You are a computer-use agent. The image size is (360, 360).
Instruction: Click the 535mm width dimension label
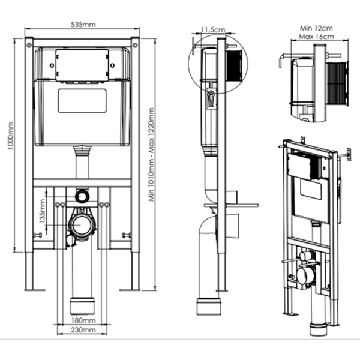(83, 25)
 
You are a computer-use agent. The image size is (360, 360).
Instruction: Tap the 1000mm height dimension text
(11, 136)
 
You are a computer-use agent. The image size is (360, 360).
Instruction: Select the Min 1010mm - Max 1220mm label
(151, 155)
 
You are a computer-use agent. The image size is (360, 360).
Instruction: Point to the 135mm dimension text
(43, 211)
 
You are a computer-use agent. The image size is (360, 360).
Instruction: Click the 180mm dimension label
(83, 320)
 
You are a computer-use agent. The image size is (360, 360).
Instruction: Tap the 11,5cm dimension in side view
(213, 29)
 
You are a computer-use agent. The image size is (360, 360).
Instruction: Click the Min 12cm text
(316, 28)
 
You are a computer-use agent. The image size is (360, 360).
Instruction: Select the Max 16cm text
(316, 37)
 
